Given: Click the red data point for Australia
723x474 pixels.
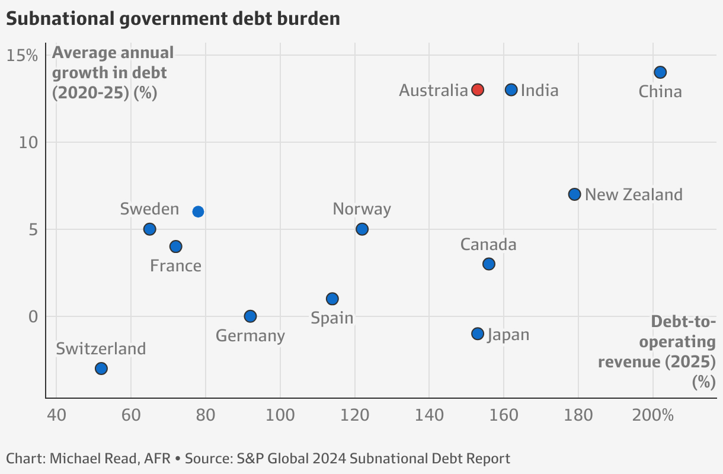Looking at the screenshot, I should click(x=478, y=89).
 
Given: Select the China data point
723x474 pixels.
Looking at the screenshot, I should click(x=660, y=72).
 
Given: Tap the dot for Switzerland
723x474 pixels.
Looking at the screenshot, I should click(x=101, y=369).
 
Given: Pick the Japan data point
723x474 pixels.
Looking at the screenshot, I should click(x=478, y=334).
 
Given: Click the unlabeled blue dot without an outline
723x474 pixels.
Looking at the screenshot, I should click(x=198, y=212).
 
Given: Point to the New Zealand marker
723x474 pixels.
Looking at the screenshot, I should click(x=574, y=194).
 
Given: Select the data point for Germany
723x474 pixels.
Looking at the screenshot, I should click(x=250, y=316).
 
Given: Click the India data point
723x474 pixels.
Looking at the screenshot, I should click(x=511, y=89).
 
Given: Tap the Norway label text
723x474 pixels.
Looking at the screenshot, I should click(x=361, y=209).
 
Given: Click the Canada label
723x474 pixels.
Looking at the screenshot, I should click(x=488, y=245).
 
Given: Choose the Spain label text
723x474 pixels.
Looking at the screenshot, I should click(x=332, y=318).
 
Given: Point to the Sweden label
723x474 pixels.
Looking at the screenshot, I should click(x=149, y=209).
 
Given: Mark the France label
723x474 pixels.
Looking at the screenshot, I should click(x=175, y=265).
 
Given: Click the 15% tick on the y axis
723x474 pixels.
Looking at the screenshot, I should click(x=22, y=55).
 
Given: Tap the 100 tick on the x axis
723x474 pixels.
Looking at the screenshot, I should click(x=280, y=415).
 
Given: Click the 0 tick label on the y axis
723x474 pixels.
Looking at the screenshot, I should click(x=33, y=316).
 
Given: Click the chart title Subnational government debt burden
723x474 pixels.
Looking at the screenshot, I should click(x=173, y=19).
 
